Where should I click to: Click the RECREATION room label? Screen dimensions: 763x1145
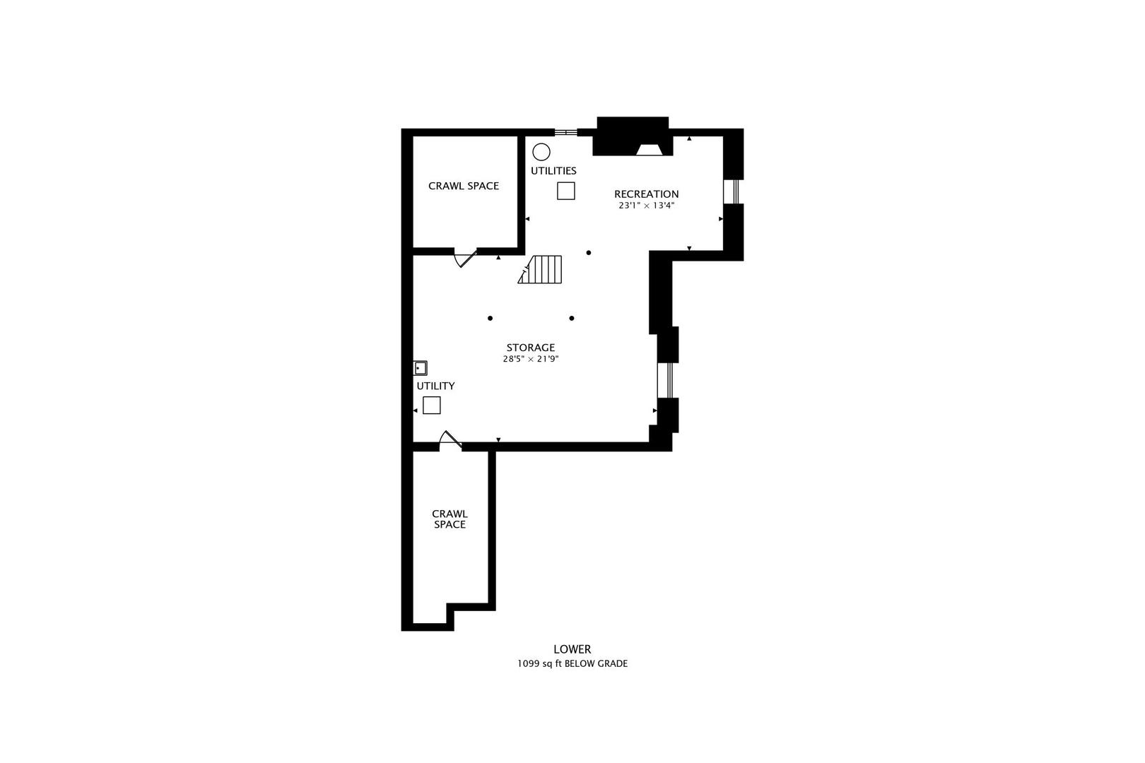point(646,194)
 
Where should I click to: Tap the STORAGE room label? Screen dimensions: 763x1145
point(530,348)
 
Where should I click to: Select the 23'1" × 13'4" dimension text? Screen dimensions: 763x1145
point(646,206)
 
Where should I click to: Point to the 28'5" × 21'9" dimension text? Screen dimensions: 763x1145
point(530,359)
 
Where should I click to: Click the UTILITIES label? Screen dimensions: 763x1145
point(553,171)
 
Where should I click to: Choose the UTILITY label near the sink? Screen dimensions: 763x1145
point(435,386)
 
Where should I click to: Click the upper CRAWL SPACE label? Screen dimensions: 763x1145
point(464,186)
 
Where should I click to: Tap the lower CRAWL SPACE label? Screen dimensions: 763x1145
point(450,519)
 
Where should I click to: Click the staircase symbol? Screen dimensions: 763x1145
point(543,269)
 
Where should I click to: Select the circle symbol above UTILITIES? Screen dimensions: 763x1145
point(541,152)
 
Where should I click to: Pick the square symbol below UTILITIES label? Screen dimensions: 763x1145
point(565,191)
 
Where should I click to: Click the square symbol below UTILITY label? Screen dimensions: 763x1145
point(431,406)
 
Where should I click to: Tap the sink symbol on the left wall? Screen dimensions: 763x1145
point(420,368)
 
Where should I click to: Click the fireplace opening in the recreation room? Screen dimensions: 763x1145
point(649,149)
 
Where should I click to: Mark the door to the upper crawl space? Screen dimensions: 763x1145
point(464,258)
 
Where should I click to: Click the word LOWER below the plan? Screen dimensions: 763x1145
point(572,649)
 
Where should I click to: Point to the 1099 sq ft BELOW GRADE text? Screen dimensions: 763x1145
point(572,664)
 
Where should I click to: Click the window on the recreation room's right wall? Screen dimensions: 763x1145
point(734,191)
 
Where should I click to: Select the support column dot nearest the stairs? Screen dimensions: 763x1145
point(588,252)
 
